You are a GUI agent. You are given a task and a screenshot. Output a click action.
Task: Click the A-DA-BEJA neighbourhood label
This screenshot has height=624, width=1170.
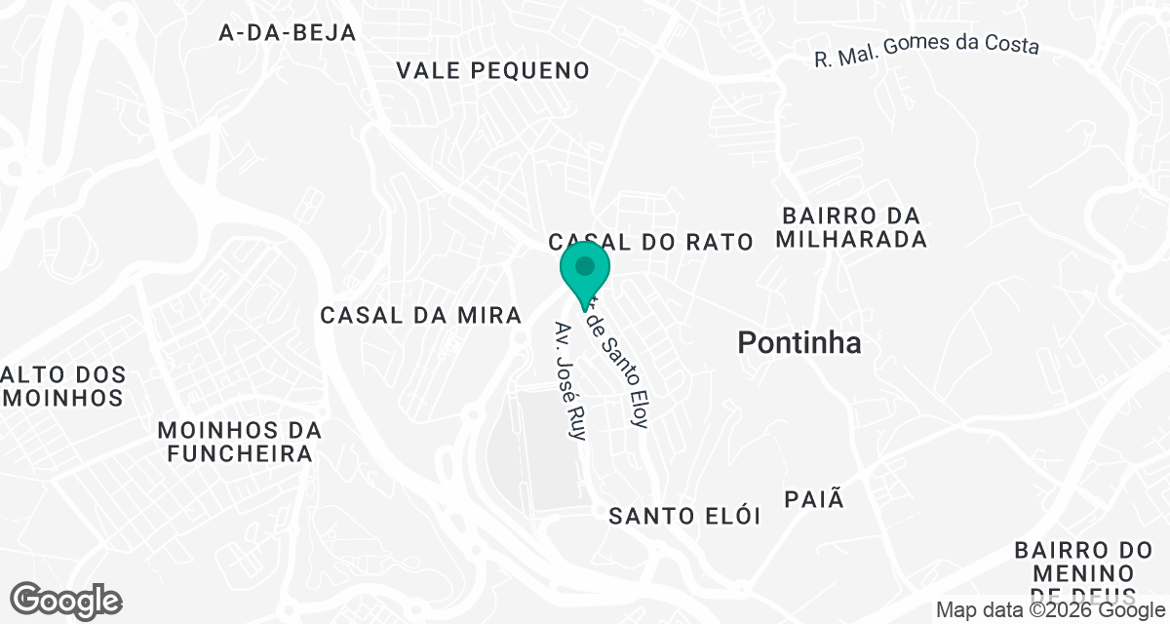pos(288,32)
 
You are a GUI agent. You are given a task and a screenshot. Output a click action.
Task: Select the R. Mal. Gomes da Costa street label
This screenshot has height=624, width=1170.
pos(927,51)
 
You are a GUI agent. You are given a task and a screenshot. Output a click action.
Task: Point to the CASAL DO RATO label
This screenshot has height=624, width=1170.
pos(651,242)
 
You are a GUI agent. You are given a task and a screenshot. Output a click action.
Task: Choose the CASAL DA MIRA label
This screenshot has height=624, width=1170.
pos(422,315)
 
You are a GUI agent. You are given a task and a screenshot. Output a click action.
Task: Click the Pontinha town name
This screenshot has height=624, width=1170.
pos(799,343)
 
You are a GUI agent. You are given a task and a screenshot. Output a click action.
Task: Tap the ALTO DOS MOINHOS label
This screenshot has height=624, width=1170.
pos(64,386)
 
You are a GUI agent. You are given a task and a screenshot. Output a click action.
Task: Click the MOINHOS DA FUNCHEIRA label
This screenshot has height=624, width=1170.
pos(240,442)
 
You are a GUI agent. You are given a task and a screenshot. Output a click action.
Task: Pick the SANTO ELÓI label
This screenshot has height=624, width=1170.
pos(684,516)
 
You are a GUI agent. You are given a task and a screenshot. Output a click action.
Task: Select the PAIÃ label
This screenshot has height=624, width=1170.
pos(813,500)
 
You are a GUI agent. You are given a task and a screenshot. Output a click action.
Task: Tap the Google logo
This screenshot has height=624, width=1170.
pos(65,600)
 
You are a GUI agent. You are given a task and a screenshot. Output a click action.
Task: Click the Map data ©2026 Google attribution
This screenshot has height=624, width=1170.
pos(1048,610)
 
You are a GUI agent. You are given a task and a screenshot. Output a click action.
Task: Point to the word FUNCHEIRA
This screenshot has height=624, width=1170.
pos(240,454)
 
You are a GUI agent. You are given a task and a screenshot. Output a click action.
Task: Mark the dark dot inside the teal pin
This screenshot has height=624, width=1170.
pos(585,265)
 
